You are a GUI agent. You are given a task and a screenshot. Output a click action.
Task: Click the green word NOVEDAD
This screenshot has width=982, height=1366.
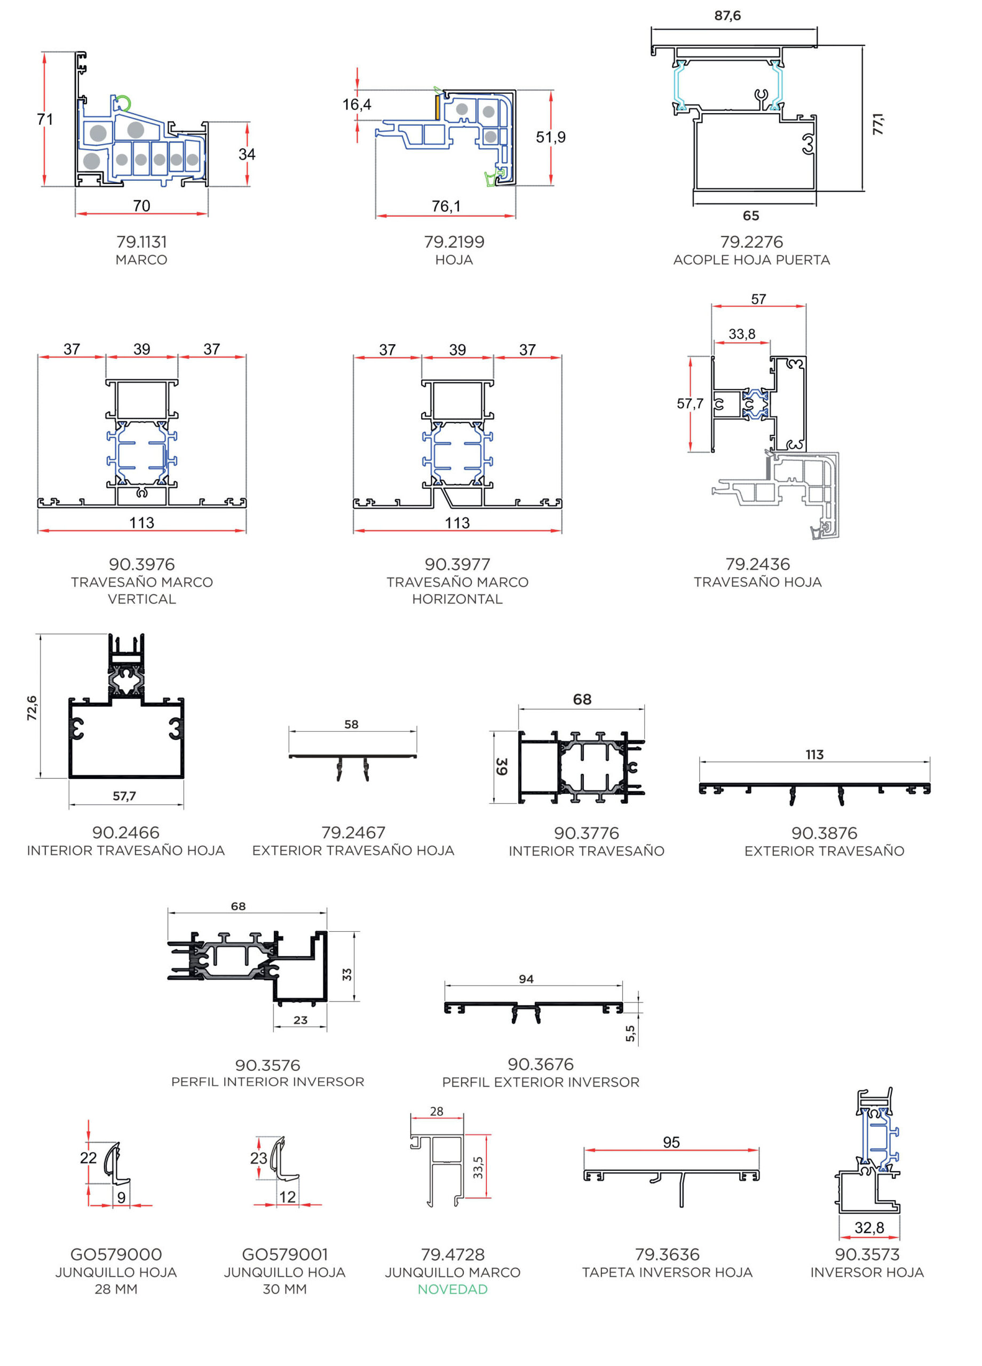pos(453,1289)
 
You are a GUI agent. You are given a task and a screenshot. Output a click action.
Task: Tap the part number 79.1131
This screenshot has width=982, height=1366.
pos(141,242)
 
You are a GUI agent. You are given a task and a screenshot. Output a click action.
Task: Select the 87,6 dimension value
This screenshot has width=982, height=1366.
pos(727,15)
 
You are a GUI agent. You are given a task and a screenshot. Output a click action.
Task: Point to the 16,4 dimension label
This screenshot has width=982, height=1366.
pos(357,105)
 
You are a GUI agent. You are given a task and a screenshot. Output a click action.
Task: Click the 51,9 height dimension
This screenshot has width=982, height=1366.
pos(551,137)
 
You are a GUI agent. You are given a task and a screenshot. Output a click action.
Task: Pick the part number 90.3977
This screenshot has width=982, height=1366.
pos(457,565)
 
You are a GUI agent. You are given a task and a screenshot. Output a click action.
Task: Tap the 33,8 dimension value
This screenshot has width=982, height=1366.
pos(742,333)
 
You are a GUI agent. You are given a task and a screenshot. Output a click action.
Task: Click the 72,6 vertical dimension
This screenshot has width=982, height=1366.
pos(32,708)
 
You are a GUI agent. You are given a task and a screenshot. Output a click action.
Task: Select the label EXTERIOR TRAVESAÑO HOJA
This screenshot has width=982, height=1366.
pos(353,851)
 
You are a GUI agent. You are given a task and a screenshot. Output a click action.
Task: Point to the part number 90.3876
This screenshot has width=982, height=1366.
pos(824,833)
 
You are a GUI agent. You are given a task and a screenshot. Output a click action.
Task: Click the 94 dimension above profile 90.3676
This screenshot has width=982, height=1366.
pos(526,979)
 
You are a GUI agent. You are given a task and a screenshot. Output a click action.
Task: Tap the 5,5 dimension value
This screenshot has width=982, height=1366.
pos(630,1034)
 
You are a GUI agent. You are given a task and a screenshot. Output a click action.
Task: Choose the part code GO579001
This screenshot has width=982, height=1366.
pos(285,1254)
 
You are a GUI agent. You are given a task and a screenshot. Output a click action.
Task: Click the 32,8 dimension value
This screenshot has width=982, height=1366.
pos(869,1227)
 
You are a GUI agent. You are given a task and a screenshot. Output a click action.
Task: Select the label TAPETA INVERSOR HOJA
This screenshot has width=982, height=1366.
pos(667,1272)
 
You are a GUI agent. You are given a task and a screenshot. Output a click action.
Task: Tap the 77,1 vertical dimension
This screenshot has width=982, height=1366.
pos(878,123)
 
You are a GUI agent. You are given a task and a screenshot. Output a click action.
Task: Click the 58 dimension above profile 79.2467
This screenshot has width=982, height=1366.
pos(351,724)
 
